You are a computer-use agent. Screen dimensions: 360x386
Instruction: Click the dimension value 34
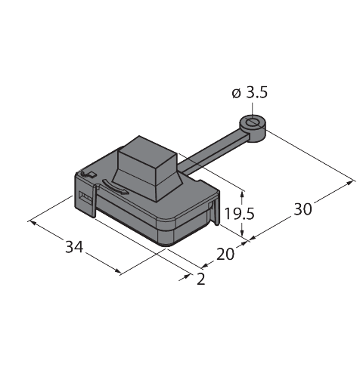click(x=74, y=247)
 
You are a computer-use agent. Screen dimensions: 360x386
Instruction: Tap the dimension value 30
click(x=303, y=209)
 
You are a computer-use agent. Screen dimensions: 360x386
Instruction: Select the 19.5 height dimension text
click(x=239, y=214)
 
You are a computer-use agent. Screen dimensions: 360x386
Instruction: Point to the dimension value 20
click(x=225, y=255)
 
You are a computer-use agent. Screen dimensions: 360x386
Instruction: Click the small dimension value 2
click(x=201, y=279)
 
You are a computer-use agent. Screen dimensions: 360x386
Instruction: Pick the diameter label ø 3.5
click(x=250, y=93)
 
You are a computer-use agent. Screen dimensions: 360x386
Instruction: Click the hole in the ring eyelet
click(x=252, y=122)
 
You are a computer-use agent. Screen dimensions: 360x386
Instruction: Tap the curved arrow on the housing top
click(x=115, y=187)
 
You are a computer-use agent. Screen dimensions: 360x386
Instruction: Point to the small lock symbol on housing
click(x=88, y=174)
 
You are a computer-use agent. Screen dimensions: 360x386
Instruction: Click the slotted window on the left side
click(x=85, y=197)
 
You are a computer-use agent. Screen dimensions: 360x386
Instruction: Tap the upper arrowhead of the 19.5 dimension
click(x=242, y=194)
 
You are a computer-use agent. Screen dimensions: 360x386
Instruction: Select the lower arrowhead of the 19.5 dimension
click(x=242, y=233)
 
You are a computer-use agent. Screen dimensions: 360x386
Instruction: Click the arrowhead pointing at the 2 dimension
click(x=187, y=276)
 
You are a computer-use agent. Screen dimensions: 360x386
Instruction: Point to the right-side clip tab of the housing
click(x=216, y=212)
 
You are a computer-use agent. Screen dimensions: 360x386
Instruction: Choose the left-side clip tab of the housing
click(x=93, y=202)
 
